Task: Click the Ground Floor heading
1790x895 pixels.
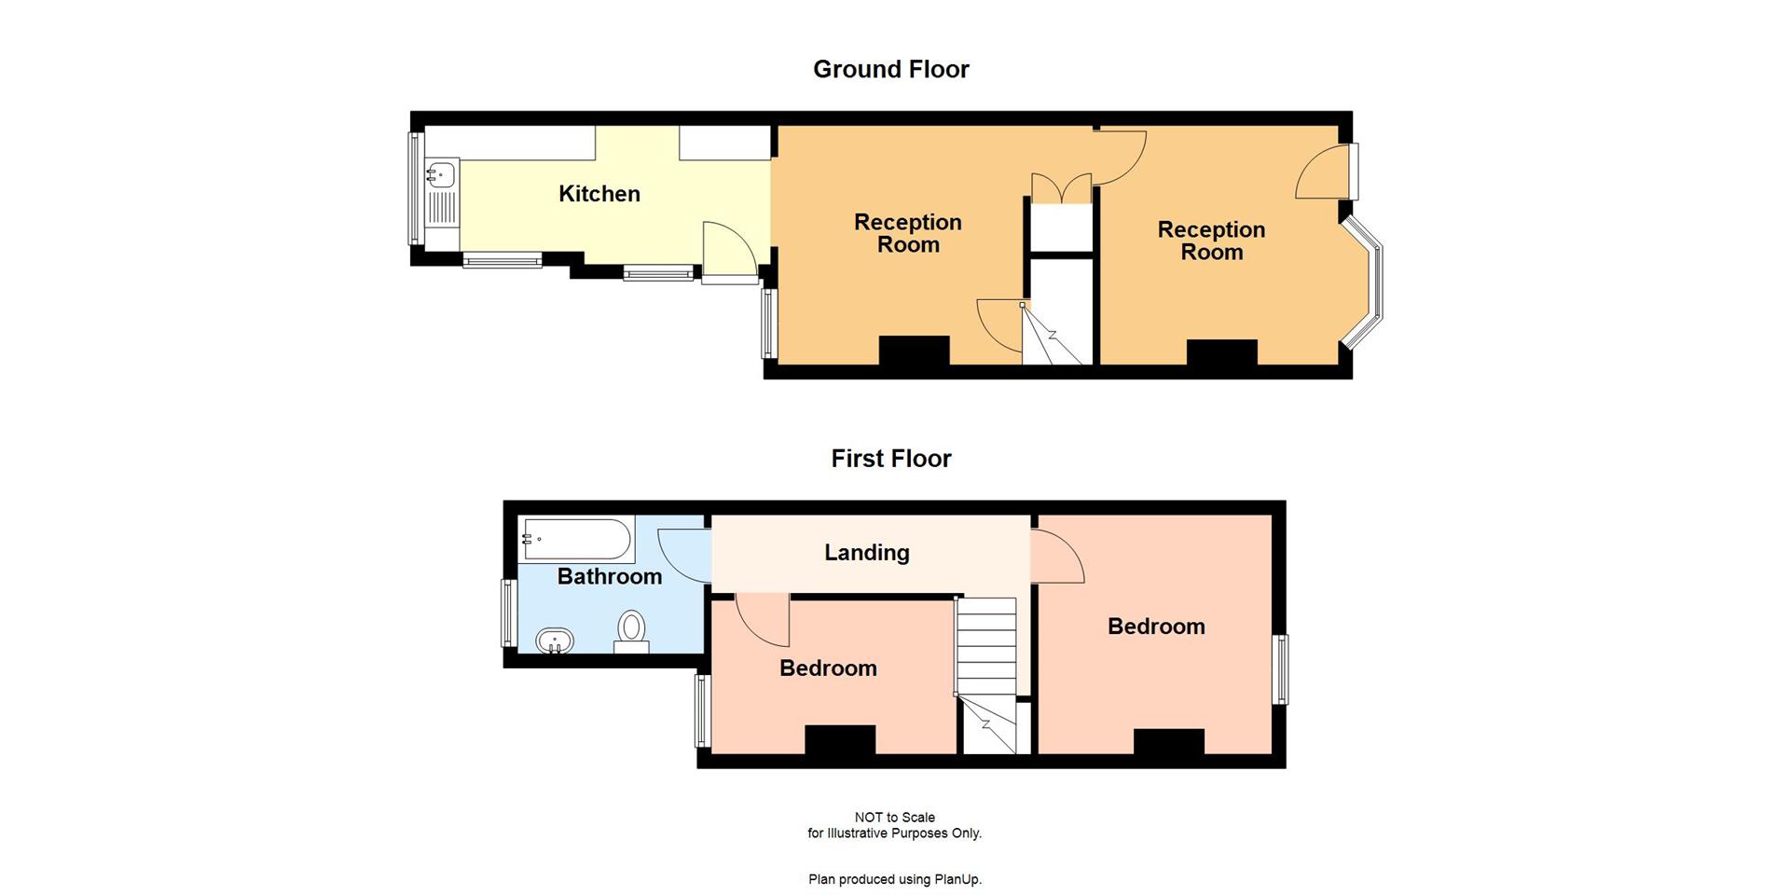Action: (890, 69)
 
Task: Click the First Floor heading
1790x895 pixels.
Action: (890, 459)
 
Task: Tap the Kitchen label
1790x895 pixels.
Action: (599, 194)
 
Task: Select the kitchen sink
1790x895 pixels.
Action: (441, 173)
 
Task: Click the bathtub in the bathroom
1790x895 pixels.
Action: (578, 540)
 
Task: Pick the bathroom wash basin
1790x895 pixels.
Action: (555, 641)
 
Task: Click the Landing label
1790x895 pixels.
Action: (866, 553)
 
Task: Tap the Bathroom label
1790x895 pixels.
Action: (609, 576)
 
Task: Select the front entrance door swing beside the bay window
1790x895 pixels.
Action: (1319, 174)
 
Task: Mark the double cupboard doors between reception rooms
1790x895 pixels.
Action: (1061, 187)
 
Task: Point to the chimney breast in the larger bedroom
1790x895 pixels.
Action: (1168, 741)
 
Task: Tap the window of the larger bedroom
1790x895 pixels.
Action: (1282, 669)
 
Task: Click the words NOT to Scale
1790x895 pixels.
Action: (894, 818)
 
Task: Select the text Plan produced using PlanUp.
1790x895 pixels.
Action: (894, 879)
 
